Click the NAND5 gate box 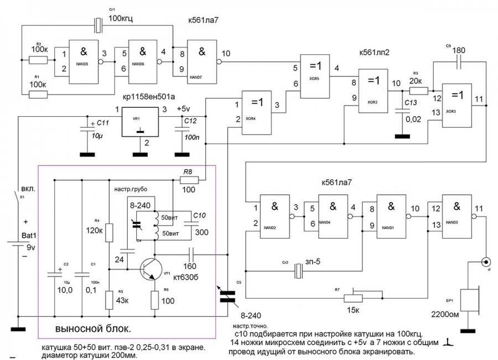(x=84, y=59)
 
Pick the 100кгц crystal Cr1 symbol (x=98, y=25)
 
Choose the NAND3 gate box (x=456, y=218)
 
